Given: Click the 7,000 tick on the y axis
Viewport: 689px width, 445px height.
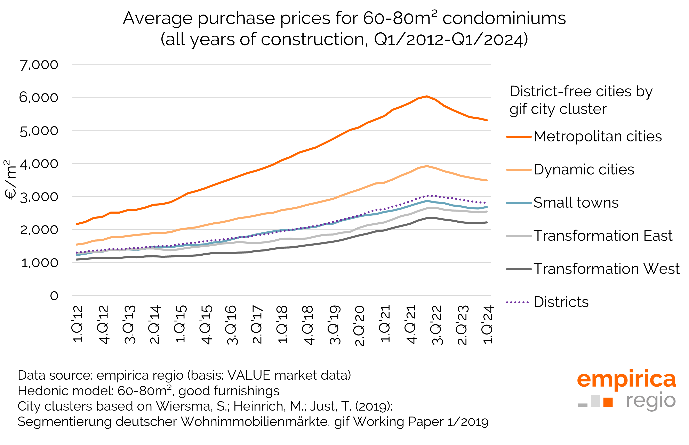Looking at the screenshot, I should [x=39, y=65].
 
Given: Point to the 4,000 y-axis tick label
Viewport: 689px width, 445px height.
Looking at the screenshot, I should [x=39, y=164].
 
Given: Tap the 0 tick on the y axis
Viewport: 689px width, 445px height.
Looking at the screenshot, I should [x=54, y=296].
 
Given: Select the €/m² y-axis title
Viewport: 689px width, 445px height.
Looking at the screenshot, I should [x=11, y=180].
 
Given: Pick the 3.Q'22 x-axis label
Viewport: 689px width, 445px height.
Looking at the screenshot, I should [x=437, y=325].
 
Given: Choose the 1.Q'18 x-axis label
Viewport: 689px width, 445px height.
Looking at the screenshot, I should [x=282, y=324].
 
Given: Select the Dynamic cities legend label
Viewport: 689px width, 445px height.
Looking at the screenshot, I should [x=584, y=170].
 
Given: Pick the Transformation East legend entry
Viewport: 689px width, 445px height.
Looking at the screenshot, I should [x=603, y=236].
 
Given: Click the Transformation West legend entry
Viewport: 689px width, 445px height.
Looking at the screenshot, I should [x=606, y=269].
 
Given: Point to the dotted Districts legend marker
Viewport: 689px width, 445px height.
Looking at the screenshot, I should [x=518, y=303].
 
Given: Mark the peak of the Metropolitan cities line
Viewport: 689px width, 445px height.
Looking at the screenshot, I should [x=427, y=96].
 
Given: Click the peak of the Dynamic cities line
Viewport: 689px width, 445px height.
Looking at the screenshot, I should [x=427, y=166].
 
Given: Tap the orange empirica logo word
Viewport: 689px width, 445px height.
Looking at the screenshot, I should [x=626, y=379].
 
